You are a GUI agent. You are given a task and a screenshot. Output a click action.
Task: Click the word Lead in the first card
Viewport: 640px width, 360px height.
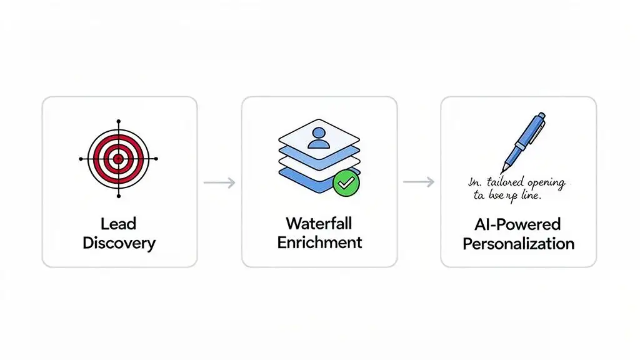click(x=118, y=224)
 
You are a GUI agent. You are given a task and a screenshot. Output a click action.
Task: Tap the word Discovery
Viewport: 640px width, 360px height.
click(x=119, y=243)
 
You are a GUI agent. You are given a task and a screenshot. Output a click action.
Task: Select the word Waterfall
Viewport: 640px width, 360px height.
click(x=319, y=223)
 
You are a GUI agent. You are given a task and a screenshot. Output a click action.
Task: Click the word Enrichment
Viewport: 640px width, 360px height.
click(x=319, y=242)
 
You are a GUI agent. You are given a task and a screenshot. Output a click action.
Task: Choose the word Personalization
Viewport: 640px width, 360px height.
click(x=518, y=243)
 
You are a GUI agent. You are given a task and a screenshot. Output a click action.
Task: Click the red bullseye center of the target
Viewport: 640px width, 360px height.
click(x=118, y=159)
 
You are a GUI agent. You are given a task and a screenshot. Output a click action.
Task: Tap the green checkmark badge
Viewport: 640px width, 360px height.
click(x=346, y=182)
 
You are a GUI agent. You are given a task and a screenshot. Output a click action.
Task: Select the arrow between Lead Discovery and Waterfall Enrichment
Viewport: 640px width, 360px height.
click(x=219, y=182)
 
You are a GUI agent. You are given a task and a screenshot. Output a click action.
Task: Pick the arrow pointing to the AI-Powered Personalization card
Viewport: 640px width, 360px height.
click(x=418, y=182)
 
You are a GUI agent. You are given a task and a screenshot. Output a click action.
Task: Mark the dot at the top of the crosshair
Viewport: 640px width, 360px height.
click(x=118, y=121)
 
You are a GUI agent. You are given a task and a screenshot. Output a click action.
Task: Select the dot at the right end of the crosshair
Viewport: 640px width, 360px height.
click(x=156, y=159)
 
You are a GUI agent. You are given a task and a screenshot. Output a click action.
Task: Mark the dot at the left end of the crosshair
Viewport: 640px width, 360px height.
click(x=81, y=159)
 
